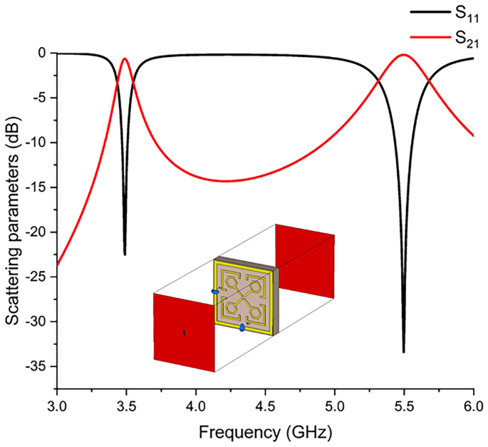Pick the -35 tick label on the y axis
36,366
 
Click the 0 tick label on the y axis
43,53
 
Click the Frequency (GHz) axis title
265,432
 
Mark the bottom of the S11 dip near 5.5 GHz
403,351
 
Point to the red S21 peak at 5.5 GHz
403,54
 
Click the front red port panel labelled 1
184,332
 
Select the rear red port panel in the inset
304,260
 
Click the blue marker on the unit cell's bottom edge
242,327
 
